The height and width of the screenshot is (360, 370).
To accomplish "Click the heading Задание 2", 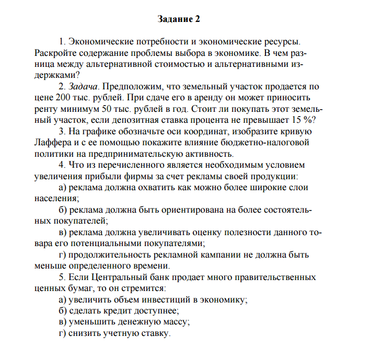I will point(179,19).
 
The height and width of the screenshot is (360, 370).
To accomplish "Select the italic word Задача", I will point(83,86).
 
